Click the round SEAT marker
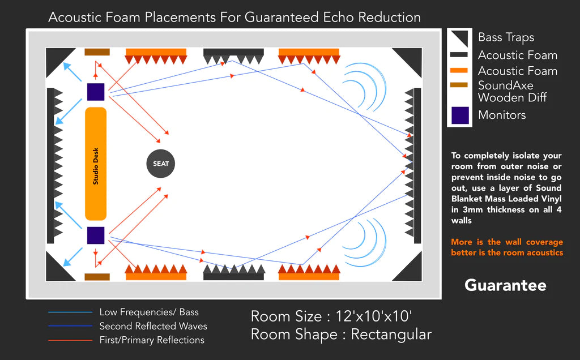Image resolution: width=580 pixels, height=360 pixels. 161,164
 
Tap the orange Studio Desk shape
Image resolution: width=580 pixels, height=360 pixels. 96,164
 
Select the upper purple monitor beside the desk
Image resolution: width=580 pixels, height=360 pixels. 96,92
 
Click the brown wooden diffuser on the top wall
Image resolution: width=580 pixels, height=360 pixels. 97,52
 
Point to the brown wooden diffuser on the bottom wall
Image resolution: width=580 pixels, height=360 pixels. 97,277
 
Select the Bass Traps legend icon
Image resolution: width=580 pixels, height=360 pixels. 459,37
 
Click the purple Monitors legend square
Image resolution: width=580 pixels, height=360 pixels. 459,115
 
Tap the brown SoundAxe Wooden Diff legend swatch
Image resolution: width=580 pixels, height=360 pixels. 459,85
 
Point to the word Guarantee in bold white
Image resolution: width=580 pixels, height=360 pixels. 505,285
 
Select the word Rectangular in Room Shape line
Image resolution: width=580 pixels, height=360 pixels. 391,335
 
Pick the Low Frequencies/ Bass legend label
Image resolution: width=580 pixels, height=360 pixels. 149,312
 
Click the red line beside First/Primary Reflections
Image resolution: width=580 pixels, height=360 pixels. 70,340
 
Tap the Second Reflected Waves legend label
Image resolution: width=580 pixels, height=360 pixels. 153,326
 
